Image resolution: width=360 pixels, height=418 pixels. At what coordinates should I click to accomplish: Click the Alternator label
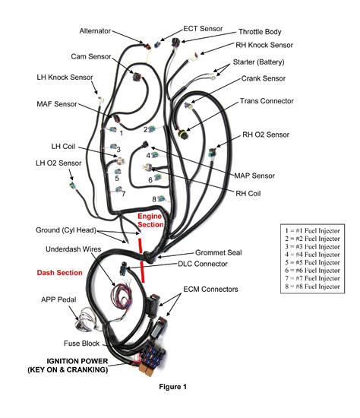coord(95,31)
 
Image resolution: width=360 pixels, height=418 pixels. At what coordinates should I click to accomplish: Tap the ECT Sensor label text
coord(203,29)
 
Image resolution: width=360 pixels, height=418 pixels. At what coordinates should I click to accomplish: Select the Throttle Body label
coord(260,32)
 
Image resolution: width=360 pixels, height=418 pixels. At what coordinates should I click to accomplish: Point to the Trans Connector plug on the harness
coord(182,133)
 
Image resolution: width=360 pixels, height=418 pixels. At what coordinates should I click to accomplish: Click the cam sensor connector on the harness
coord(137,76)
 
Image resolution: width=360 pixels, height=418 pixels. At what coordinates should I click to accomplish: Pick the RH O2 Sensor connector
coord(213,153)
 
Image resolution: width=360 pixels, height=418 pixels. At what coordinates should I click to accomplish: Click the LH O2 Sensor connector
coord(73,185)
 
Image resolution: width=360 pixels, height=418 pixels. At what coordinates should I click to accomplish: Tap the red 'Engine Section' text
coord(150,220)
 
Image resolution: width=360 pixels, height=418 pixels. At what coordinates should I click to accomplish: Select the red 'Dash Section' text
coord(60,273)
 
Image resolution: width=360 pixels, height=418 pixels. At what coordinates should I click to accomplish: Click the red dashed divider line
coord(141,260)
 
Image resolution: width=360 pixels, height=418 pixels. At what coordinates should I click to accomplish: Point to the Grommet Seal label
coord(219,252)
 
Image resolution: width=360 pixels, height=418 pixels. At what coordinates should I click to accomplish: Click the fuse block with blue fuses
coord(153,356)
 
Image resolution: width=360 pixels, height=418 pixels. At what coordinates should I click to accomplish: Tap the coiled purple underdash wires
coord(122,295)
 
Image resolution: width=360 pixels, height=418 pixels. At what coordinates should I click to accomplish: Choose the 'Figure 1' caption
coord(172,387)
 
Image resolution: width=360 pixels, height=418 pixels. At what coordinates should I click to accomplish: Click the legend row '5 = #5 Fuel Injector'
coord(312,263)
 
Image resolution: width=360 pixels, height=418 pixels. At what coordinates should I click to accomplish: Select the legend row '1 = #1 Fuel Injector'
coord(312,230)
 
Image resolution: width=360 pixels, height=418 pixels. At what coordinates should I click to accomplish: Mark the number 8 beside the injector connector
coord(154,199)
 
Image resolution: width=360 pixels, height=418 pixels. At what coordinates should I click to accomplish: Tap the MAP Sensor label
coord(254,176)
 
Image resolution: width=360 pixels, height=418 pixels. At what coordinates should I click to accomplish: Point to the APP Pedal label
coord(58,299)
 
